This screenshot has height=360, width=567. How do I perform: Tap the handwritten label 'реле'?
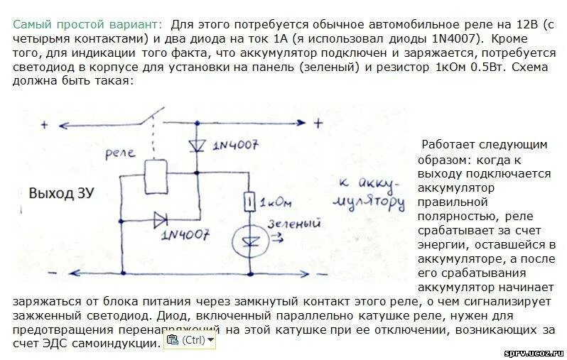coord(121,152)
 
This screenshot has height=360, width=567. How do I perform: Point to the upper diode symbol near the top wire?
coord(197,146)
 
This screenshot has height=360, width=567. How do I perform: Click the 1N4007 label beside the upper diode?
coord(236,147)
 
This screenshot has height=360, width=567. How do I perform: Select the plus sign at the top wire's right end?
coord(318,122)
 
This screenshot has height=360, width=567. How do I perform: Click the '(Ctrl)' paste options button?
coord(188,340)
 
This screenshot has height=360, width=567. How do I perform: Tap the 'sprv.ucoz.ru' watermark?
coord(534,352)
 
